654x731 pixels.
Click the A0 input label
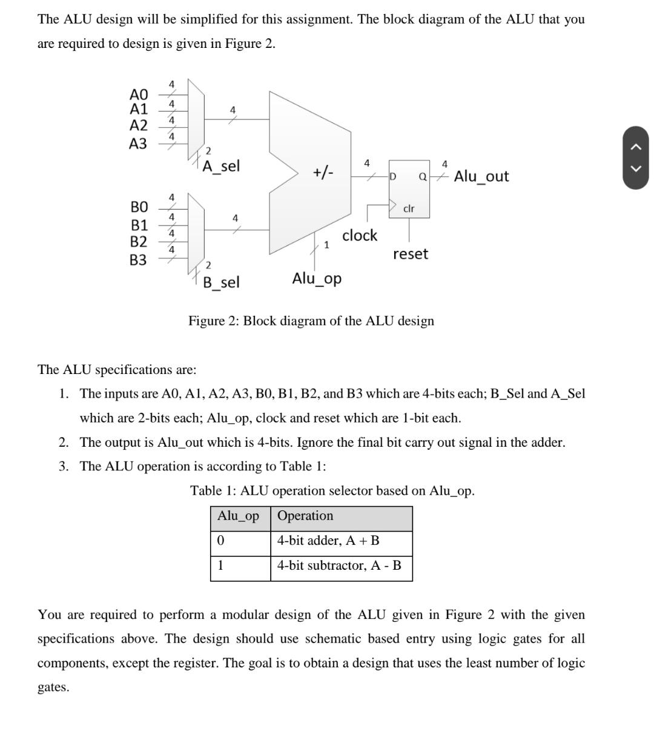139,95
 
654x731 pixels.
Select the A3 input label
138,144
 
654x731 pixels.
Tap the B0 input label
139,207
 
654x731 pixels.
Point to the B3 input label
138,260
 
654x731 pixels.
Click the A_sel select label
221,166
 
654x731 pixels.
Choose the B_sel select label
221,282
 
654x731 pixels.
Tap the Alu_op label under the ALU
317,279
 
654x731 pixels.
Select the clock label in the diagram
360,235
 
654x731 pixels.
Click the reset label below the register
410,254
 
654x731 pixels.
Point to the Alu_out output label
481,176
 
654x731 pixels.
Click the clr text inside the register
409,208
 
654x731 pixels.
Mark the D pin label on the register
392,177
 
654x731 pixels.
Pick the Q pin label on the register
423,177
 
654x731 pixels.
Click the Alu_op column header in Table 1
239,516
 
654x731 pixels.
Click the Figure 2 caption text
311,321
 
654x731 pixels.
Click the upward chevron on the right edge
635,146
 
